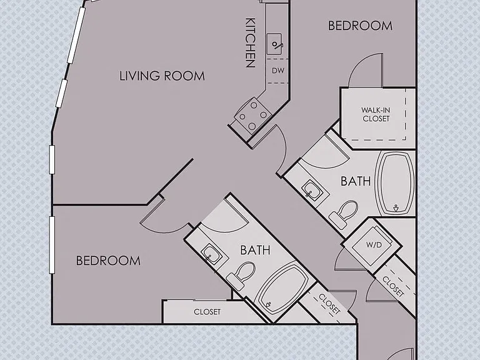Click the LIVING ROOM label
(162, 76)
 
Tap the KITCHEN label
(251, 42)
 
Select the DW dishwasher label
(278, 71)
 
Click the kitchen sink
(274, 44)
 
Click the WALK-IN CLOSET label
(376, 114)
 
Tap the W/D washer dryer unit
(372, 246)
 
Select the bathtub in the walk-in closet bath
(395, 184)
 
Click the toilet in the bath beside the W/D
(344, 214)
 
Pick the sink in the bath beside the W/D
(312, 191)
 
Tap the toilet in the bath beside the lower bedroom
(241, 276)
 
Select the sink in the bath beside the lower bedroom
(211, 252)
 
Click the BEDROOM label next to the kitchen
(360, 26)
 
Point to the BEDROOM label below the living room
(108, 261)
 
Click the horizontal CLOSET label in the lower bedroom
(207, 312)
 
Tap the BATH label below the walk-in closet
(356, 181)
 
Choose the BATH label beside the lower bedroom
(255, 250)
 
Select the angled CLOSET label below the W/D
(393, 286)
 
